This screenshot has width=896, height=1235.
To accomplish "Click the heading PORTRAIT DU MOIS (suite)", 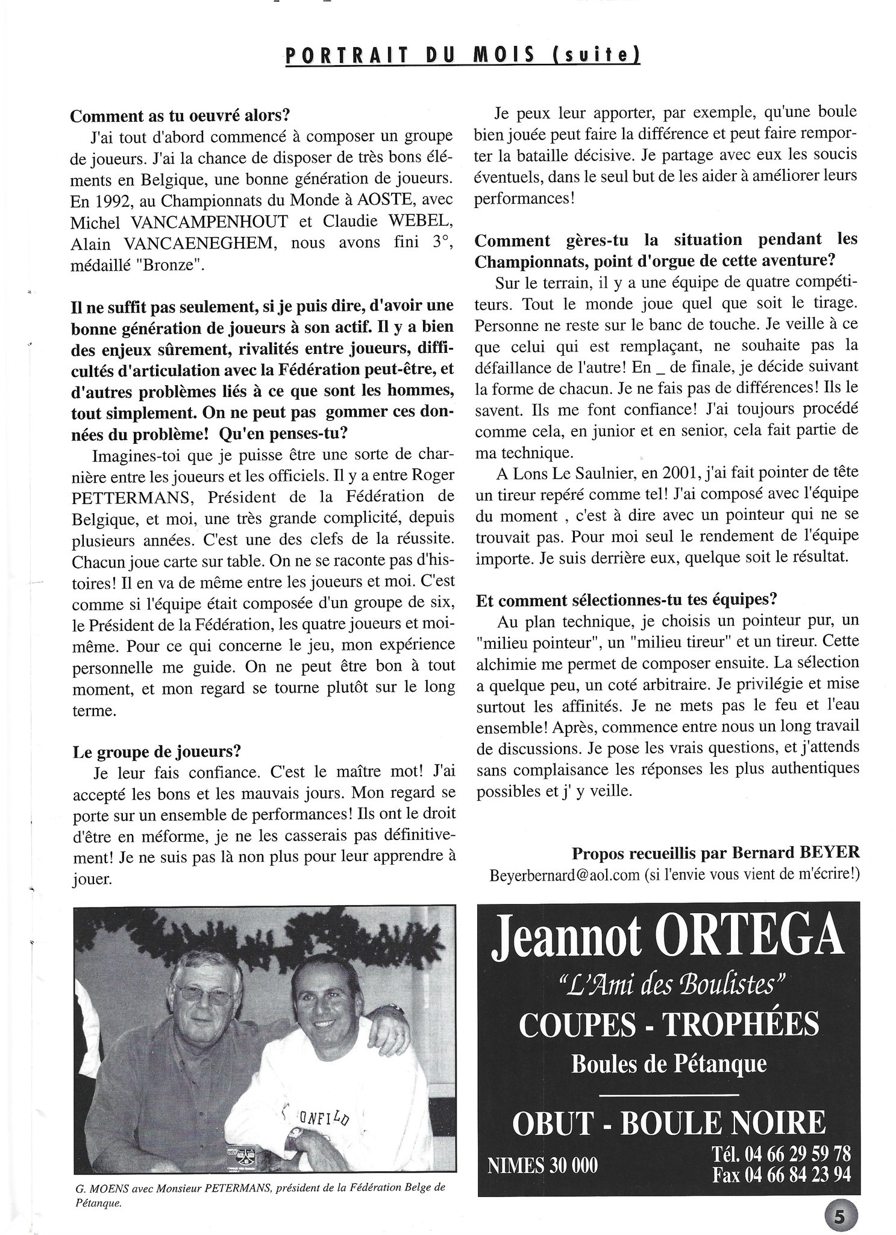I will pyautogui.click(x=462, y=55).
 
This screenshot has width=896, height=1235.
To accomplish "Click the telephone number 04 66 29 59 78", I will pyautogui.click(x=797, y=1154).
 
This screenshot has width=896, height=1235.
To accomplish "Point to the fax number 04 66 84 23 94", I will pyautogui.click(x=797, y=1175).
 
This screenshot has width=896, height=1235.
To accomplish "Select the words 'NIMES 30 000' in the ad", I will pyautogui.click(x=544, y=1164).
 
